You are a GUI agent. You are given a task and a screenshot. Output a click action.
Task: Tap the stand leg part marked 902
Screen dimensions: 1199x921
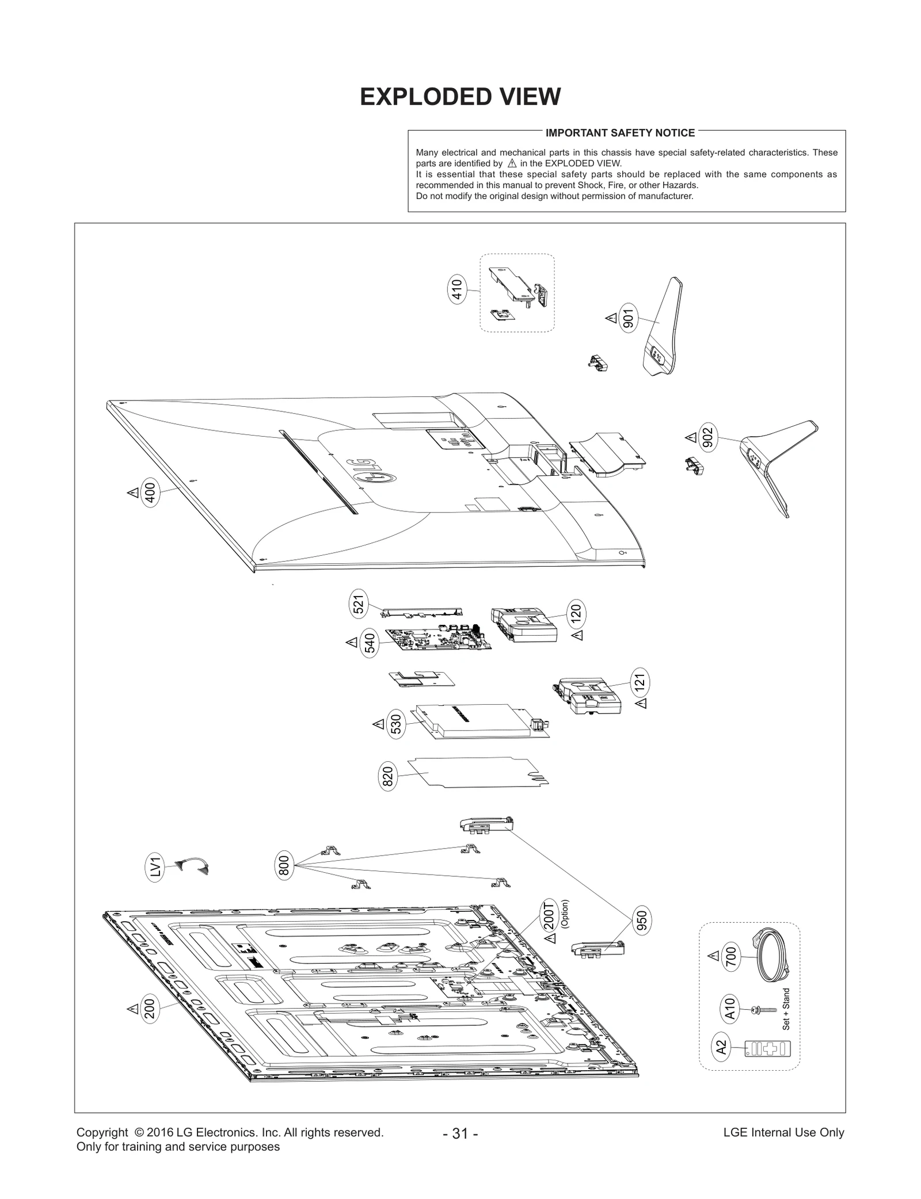pyautogui.click(x=777, y=460)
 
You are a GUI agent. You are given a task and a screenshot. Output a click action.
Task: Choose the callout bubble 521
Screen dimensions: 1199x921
pyautogui.click(x=358, y=604)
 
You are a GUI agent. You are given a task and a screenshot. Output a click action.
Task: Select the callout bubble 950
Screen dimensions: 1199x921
pyautogui.click(x=642, y=921)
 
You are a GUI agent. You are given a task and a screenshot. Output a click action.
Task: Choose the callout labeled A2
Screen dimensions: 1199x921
pyautogui.click(x=721, y=1048)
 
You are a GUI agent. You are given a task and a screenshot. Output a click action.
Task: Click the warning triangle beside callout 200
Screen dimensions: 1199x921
pyautogui.click(x=132, y=1009)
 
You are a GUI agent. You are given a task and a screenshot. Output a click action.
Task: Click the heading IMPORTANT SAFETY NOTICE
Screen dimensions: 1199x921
pyautogui.click(x=620, y=133)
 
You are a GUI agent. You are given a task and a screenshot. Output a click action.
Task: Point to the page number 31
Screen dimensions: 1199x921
pyautogui.click(x=460, y=1133)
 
